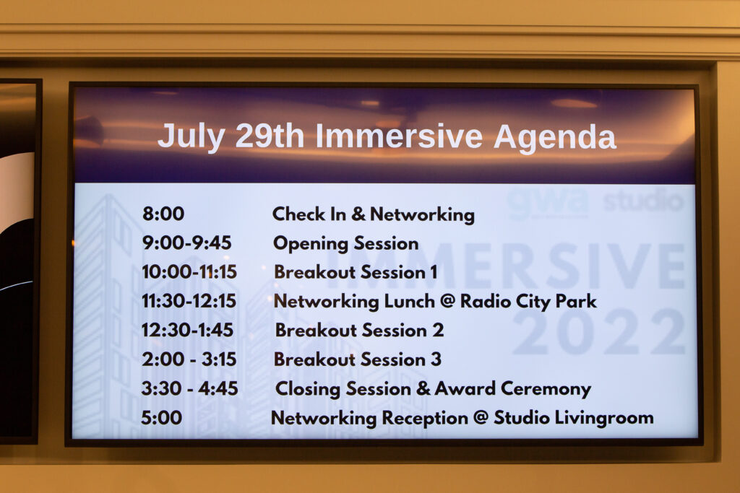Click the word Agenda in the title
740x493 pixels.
click(x=555, y=138)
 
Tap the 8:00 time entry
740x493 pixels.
click(x=163, y=214)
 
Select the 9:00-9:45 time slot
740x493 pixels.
click(x=187, y=243)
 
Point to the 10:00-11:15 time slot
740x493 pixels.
click(x=189, y=272)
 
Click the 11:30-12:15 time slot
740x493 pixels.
click(x=189, y=301)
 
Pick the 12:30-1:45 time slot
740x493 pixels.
click(x=187, y=330)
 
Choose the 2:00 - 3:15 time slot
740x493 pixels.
click(x=189, y=359)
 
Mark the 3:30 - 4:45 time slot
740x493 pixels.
click(x=190, y=388)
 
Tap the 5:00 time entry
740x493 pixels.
click(x=161, y=418)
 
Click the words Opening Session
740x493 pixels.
click(x=346, y=244)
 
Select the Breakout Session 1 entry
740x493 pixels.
click(x=356, y=272)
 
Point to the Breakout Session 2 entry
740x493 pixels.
click(x=360, y=330)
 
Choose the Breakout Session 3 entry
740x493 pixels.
click(x=358, y=359)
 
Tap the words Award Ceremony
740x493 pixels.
click(x=512, y=389)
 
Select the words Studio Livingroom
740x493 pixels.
click(x=574, y=419)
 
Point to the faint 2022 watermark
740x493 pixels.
click(x=599, y=332)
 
